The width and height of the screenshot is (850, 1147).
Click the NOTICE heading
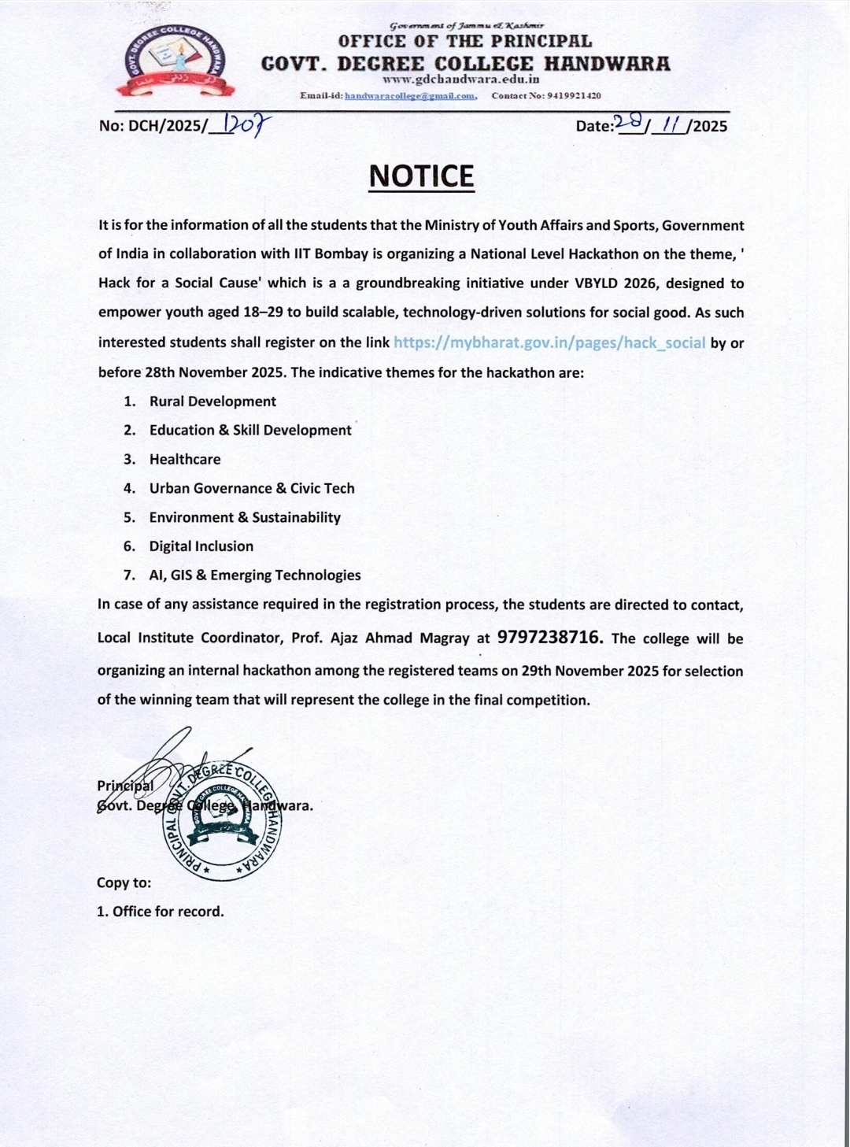[x=421, y=176]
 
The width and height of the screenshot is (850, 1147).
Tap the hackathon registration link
[x=549, y=342]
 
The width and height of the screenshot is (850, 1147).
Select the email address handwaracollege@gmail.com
[x=410, y=96]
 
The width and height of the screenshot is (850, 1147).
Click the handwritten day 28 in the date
[x=629, y=122]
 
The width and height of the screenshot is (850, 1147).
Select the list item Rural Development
[x=213, y=401]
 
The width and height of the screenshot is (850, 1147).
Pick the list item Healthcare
[x=185, y=460]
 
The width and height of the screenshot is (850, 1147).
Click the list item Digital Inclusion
[x=201, y=546]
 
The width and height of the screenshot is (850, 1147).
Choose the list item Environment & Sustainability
[x=245, y=517]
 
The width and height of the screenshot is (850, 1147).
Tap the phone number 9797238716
[x=550, y=637]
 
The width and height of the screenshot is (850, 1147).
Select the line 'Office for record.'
[x=168, y=912]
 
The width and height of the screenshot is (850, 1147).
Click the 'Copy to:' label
[x=124, y=882]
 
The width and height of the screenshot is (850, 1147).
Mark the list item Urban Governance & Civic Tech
[x=252, y=488]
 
